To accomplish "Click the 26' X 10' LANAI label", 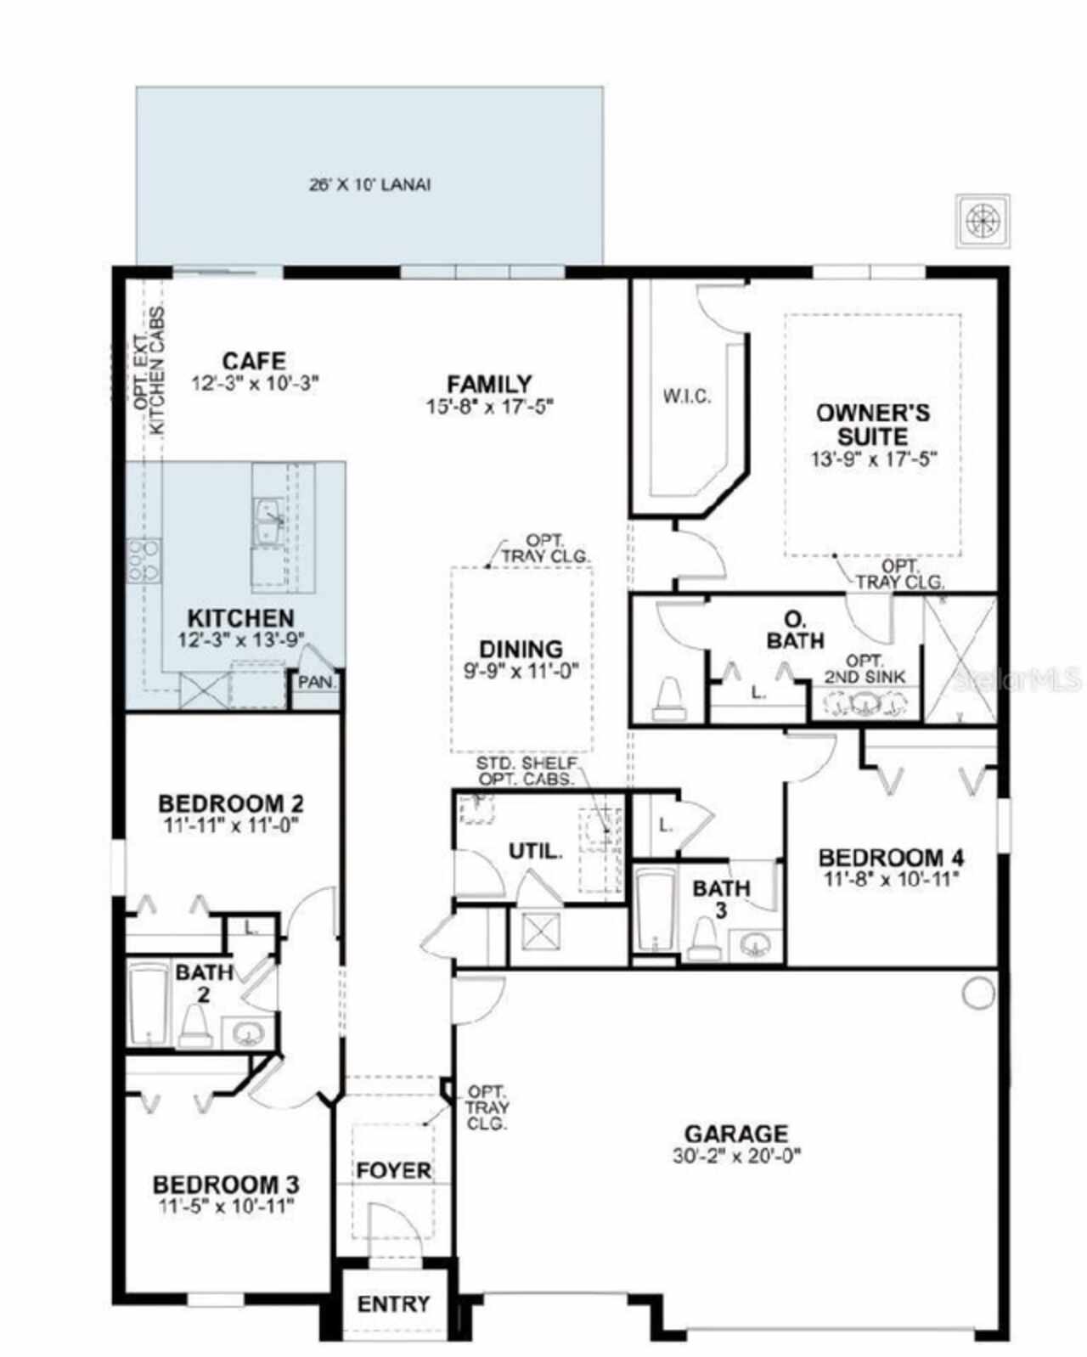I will click(x=369, y=184).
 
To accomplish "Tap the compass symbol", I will click(x=983, y=221).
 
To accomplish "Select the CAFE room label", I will click(x=254, y=361).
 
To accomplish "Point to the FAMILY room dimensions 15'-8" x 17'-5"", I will click(x=490, y=407).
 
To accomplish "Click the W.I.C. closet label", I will click(x=686, y=396).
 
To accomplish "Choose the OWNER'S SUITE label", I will click(x=872, y=425).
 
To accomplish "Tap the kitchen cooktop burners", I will click(x=144, y=561).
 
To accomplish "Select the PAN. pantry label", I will click(x=317, y=682).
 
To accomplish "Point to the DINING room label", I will click(x=521, y=650).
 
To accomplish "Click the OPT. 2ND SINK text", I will click(x=865, y=669).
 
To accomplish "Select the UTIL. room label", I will click(x=535, y=850).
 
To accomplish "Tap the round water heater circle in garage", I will click(x=977, y=992).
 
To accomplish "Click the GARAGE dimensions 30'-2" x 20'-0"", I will click(x=735, y=1155).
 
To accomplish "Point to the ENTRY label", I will click(x=393, y=1304).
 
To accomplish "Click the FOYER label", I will click(x=393, y=1170).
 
